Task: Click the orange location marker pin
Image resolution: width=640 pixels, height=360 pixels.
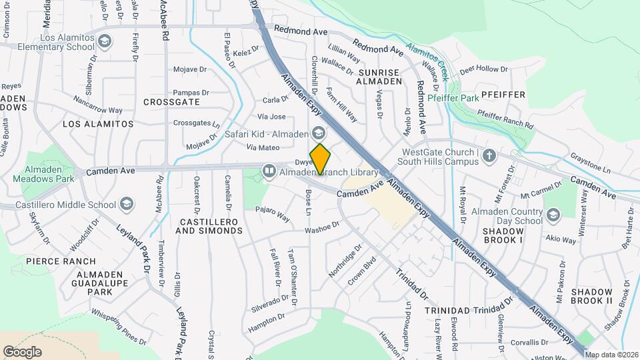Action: (321, 159)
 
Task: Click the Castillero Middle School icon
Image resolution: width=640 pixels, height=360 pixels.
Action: (127, 204)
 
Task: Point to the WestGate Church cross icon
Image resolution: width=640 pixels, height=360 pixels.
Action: (489, 155)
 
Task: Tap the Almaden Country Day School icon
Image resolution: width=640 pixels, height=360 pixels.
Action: (553, 215)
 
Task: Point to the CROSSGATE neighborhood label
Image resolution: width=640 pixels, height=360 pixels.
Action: (171, 102)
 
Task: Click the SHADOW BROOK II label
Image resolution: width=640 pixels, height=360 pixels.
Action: (591, 297)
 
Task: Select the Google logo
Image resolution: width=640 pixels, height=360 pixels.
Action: (23, 351)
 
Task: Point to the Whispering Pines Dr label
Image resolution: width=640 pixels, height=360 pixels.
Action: (118, 327)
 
